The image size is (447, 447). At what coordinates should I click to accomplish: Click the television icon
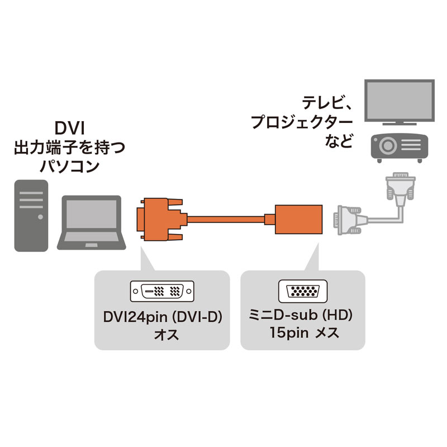(x=398, y=102)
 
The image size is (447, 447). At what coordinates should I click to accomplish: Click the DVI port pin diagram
(x=163, y=291)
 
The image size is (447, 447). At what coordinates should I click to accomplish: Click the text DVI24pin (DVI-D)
(x=163, y=317)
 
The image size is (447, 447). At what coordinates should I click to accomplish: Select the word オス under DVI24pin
(x=163, y=335)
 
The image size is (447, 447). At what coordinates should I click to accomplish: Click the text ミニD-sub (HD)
(x=302, y=317)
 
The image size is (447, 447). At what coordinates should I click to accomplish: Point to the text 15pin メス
(x=302, y=334)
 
